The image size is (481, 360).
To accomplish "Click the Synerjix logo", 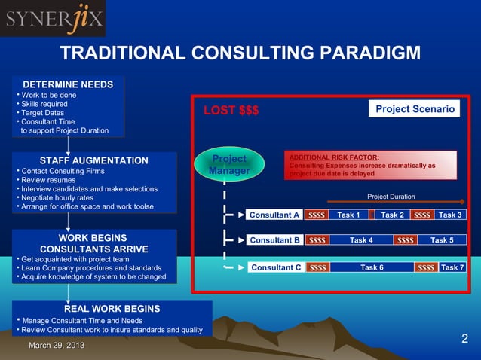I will pyautogui.click(x=53, y=19).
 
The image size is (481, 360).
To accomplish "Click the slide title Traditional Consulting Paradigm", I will pyautogui.click(x=239, y=53).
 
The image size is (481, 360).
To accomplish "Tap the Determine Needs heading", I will pyautogui.click(x=68, y=84).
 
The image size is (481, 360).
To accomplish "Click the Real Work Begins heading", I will pyautogui.click(x=112, y=308).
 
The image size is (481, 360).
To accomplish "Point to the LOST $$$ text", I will pyautogui.click(x=231, y=111).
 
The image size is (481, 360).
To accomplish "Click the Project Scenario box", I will pyautogui.click(x=415, y=109).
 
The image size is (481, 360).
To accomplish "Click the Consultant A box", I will pyautogui.click(x=274, y=215).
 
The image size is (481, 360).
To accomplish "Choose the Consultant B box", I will pyautogui.click(x=274, y=240).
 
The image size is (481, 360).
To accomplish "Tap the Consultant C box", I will pyautogui.click(x=276, y=267).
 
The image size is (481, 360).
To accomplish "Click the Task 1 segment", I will pyautogui.click(x=348, y=215).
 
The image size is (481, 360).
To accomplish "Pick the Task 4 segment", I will pyautogui.click(x=361, y=240).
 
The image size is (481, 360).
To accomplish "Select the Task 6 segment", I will pyautogui.click(x=372, y=267).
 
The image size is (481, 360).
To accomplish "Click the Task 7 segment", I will pyautogui.click(x=452, y=267).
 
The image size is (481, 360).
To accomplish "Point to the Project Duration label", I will pyautogui.click(x=391, y=197).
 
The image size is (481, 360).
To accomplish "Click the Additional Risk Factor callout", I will pyautogui.click(x=370, y=165).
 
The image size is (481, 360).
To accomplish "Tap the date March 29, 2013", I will pyautogui.click(x=57, y=345).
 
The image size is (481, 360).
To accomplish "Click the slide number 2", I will pyautogui.click(x=464, y=339).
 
